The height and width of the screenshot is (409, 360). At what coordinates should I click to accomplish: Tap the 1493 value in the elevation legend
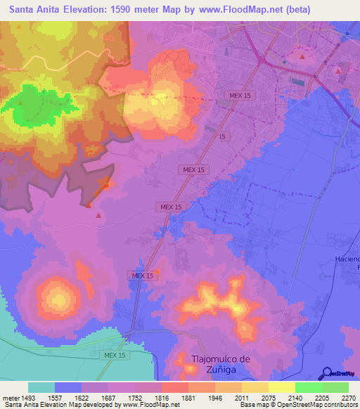(x=28, y=397)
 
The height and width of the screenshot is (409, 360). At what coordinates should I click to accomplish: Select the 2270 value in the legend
(x=349, y=397)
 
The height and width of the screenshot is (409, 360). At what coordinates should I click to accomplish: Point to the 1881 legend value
(x=188, y=397)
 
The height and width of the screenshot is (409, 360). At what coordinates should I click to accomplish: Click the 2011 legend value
(x=242, y=397)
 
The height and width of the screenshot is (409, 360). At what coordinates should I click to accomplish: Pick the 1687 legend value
(x=108, y=397)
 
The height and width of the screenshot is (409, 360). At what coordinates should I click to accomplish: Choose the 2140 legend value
(x=295, y=397)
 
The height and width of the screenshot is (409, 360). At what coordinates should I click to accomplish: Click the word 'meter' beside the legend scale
(x=11, y=397)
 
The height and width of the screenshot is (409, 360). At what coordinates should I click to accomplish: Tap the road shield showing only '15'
(x=222, y=136)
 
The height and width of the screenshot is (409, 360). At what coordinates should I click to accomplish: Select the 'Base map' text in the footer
(x=254, y=405)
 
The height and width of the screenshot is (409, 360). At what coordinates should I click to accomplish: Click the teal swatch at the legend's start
(x=41, y=387)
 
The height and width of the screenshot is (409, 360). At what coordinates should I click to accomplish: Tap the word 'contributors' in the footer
(x=337, y=405)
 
